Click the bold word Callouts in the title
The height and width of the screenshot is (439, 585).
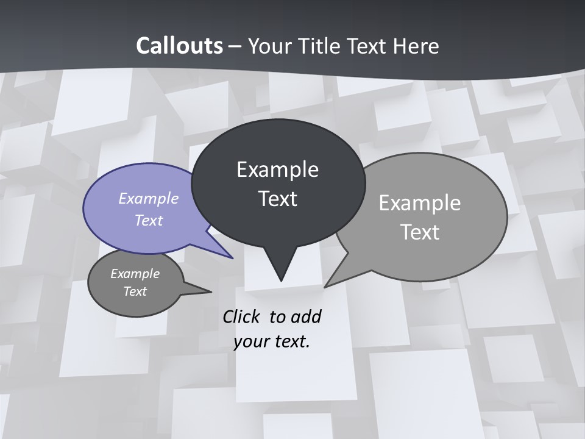point(179,46)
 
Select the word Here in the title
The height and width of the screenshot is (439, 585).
point(417,46)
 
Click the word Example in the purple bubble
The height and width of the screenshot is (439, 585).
point(148,198)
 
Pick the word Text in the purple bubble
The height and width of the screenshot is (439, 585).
point(149,220)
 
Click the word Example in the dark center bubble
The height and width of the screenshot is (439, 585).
point(277,170)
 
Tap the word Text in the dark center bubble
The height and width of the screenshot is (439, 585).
point(277,199)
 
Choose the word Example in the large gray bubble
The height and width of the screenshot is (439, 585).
point(419,203)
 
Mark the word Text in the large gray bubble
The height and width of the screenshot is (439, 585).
point(420,232)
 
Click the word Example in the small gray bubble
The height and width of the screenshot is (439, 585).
point(135,274)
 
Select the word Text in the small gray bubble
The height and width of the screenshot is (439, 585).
point(135,291)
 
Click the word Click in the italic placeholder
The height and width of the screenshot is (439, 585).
point(243,316)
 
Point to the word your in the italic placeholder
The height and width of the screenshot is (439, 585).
point(251,341)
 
